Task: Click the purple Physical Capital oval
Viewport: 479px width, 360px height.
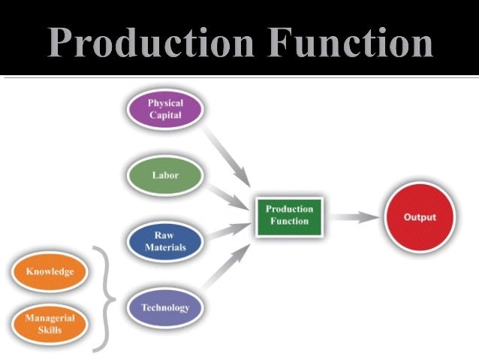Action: [164, 110]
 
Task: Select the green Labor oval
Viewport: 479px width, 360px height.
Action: [164, 175]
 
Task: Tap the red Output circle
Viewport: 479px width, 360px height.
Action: [419, 217]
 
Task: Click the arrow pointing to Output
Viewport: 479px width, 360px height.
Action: [354, 217]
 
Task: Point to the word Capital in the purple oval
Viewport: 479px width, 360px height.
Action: [164, 116]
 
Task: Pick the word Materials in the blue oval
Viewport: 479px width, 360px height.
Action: [164, 247]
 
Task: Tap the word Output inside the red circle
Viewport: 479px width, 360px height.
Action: [419, 217]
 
